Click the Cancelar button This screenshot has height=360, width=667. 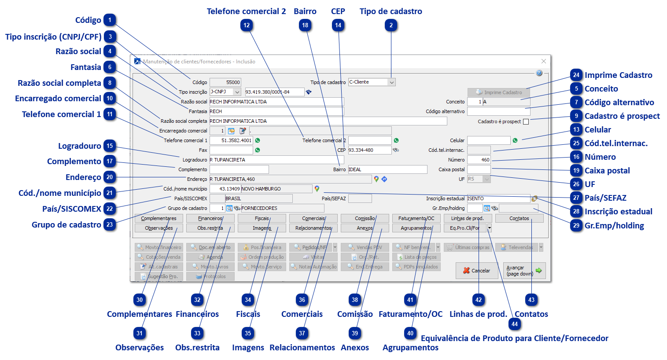click(x=476, y=271)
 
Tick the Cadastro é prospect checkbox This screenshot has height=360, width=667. click(x=526, y=122)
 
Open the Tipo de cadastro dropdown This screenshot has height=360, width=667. click(x=391, y=82)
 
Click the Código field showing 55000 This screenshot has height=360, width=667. click(x=225, y=82)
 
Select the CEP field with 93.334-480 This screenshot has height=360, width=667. click(x=369, y=150)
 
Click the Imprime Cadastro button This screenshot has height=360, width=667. click(x=498, y=92)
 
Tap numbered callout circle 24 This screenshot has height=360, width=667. click(x=576, y=75)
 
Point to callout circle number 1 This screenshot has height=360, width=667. click(x=110, y=20)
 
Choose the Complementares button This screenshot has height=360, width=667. click(x=158, y=218)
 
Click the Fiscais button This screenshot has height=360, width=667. click(x=262, y=218)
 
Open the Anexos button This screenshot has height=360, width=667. click(x=365, y=228)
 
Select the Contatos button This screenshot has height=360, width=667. click(x=519, y=218)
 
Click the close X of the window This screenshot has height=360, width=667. click(x=543, y=62)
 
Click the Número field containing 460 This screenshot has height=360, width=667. click(x=479, y=160)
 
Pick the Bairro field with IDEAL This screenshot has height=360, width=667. click(x=387, y=169)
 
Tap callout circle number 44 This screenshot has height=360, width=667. click(x=515, y=324)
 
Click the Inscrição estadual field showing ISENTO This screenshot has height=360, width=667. click(x=498, y=198)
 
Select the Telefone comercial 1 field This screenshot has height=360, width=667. click(x=231, y=140)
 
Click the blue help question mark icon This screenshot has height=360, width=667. click(x=539, y=73)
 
